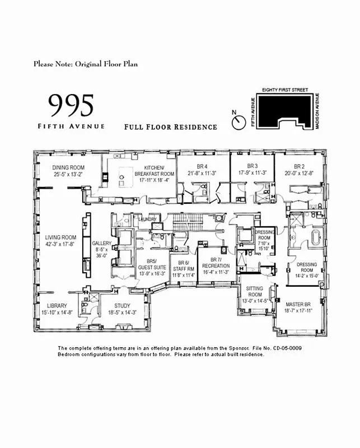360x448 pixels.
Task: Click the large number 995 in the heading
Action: [x=71, y=105]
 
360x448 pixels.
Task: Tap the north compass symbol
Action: [x=239, y=121]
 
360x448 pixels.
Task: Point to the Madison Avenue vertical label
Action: [x=317, y=114]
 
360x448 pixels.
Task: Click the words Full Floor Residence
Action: [x=171, y=127]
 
